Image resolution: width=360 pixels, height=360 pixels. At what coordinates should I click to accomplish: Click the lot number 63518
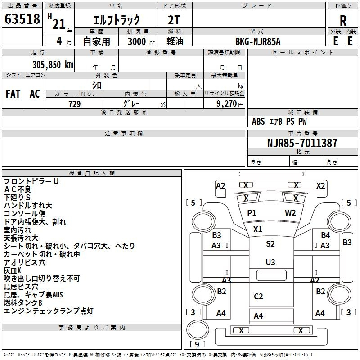(22, 19)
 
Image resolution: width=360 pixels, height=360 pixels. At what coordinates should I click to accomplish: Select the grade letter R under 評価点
(343, 21)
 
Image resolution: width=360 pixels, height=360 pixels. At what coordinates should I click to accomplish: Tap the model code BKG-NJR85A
(258, 41)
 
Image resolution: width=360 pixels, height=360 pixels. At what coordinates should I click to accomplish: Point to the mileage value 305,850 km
(53, 65)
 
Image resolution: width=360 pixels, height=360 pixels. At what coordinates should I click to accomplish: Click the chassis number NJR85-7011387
(302, 143)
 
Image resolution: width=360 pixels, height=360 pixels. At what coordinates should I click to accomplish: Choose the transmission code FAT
(13, 94)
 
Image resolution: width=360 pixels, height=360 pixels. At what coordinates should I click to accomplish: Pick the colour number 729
(75, 104)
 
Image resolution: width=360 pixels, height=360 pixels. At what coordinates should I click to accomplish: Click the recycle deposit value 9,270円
(230, 104)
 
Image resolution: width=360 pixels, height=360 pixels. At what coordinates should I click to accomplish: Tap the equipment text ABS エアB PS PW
(279, 121)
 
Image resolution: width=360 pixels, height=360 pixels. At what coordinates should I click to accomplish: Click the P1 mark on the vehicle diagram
(252, 213)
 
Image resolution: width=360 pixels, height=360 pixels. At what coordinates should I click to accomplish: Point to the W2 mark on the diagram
(290, 213)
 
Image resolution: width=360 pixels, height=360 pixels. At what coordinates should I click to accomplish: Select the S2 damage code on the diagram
(270, 243)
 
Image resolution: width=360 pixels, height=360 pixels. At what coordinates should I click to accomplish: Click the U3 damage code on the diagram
(270, 262)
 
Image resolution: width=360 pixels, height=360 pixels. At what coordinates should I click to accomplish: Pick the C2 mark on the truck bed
(258, 297)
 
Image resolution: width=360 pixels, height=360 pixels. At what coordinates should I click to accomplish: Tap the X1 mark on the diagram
(257, 229)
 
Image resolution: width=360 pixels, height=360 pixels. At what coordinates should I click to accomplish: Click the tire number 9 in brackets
(197, 344)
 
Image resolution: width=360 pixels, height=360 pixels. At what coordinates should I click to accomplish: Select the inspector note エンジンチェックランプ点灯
(49, 311)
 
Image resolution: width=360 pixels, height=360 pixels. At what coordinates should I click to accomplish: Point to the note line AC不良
(18, 189)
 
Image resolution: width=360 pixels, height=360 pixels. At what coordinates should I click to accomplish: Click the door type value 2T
(174, 20)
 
